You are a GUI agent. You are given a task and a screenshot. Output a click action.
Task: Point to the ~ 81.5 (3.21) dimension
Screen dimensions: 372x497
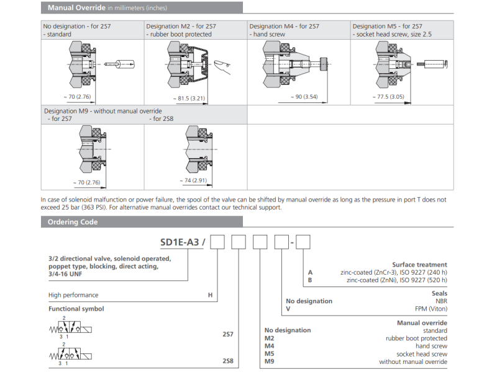click(x=189, y=99)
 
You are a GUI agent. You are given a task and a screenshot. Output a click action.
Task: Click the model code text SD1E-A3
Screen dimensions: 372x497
click(x=178, y=242)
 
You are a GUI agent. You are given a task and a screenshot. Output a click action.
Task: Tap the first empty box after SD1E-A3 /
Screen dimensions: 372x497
click(x=217, y=242)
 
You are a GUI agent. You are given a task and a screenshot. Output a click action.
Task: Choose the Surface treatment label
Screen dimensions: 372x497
click(x=419, y=265)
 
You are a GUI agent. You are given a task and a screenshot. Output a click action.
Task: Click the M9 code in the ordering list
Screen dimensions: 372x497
click(x=270, y=361)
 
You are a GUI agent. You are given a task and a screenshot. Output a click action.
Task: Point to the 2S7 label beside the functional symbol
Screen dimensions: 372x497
click(x=228, y=334)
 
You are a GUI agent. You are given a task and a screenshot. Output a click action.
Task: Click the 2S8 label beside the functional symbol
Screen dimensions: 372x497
click(x=228, y=360)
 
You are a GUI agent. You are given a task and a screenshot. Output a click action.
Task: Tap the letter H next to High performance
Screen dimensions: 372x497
click(x=210, y=295)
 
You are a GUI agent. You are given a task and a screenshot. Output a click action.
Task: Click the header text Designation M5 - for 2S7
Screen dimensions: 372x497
click(x=387, y=26)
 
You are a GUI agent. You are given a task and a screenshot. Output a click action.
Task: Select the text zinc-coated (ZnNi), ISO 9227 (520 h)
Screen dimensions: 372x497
click(x=393, y=280)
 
